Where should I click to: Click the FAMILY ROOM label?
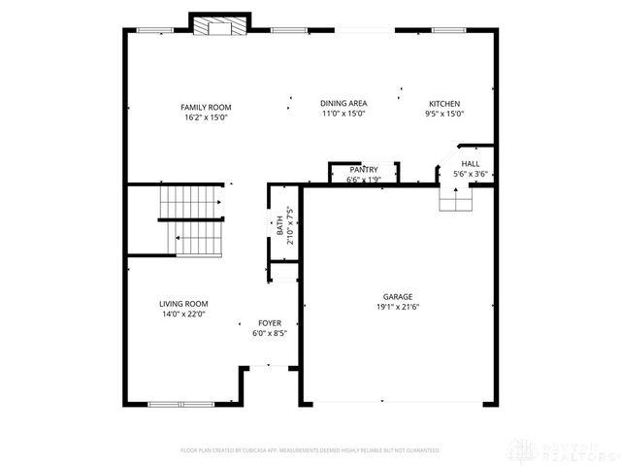coord(206,107)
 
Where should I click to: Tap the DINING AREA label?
coord(343,103)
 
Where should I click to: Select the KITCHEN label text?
coord(445,104)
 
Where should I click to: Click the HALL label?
coord(470,164)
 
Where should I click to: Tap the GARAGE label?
coord(397,297)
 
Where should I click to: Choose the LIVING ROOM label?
coord(184,304)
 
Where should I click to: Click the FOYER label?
coord(269,323)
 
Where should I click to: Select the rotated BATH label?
coord(279,226)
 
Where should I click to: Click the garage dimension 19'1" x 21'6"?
coord(397,307)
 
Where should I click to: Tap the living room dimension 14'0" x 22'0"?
coord(184,314)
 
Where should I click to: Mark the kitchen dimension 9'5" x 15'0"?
coord(445,114)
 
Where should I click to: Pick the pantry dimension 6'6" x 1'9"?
coord(364,179)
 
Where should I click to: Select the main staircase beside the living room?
coord(191,219)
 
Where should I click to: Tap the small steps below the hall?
coord(456,199)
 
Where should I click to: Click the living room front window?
coord(180,403)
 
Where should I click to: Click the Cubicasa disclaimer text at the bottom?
coord(310,450)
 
